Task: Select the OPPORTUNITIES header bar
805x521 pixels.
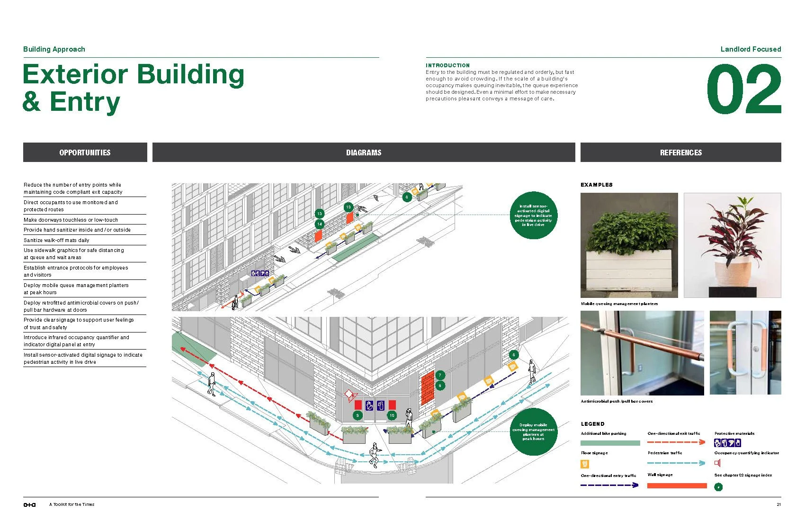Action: pos(85,153)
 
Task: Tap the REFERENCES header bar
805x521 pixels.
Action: pos(680,153)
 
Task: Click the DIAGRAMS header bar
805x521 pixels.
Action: pos(363,153)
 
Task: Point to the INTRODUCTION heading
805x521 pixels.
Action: pos(447,65)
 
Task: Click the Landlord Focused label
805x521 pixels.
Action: pos(751,49)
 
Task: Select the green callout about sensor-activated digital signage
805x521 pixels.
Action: pos(533,216)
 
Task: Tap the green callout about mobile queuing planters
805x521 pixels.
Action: pos(533,431)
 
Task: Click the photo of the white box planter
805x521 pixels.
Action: pos(629,245)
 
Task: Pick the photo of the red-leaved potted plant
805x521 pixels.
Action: pos(732,245)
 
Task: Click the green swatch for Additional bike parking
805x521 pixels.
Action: pos(610,443)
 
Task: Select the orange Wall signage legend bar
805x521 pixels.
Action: pos(677,485)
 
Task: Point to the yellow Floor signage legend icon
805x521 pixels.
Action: pos(585,464)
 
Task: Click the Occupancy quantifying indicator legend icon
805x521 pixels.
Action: pos(717,463)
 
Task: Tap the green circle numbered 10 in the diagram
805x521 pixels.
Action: pos(392,415)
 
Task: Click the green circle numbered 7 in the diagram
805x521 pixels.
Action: pos(440,375)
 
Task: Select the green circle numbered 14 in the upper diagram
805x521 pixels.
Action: pos(320,224)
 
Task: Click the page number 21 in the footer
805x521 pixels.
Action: pos(778,504)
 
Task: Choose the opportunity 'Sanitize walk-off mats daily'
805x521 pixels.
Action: pos(56,240)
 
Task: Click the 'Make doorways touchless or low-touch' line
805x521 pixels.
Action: pos(71,220)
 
